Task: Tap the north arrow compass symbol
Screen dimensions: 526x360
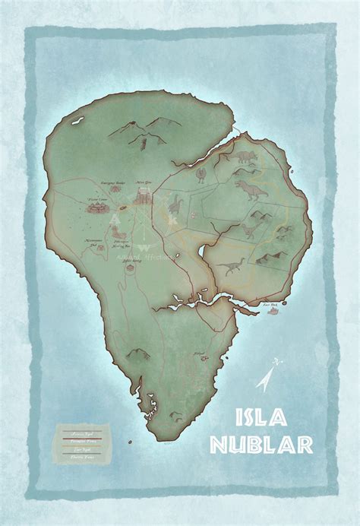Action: [267, 378]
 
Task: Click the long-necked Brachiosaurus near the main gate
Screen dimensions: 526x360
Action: [176, 203]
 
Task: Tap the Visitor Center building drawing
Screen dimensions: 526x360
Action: [98, 208]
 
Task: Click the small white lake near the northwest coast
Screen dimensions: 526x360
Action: [77, 119]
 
